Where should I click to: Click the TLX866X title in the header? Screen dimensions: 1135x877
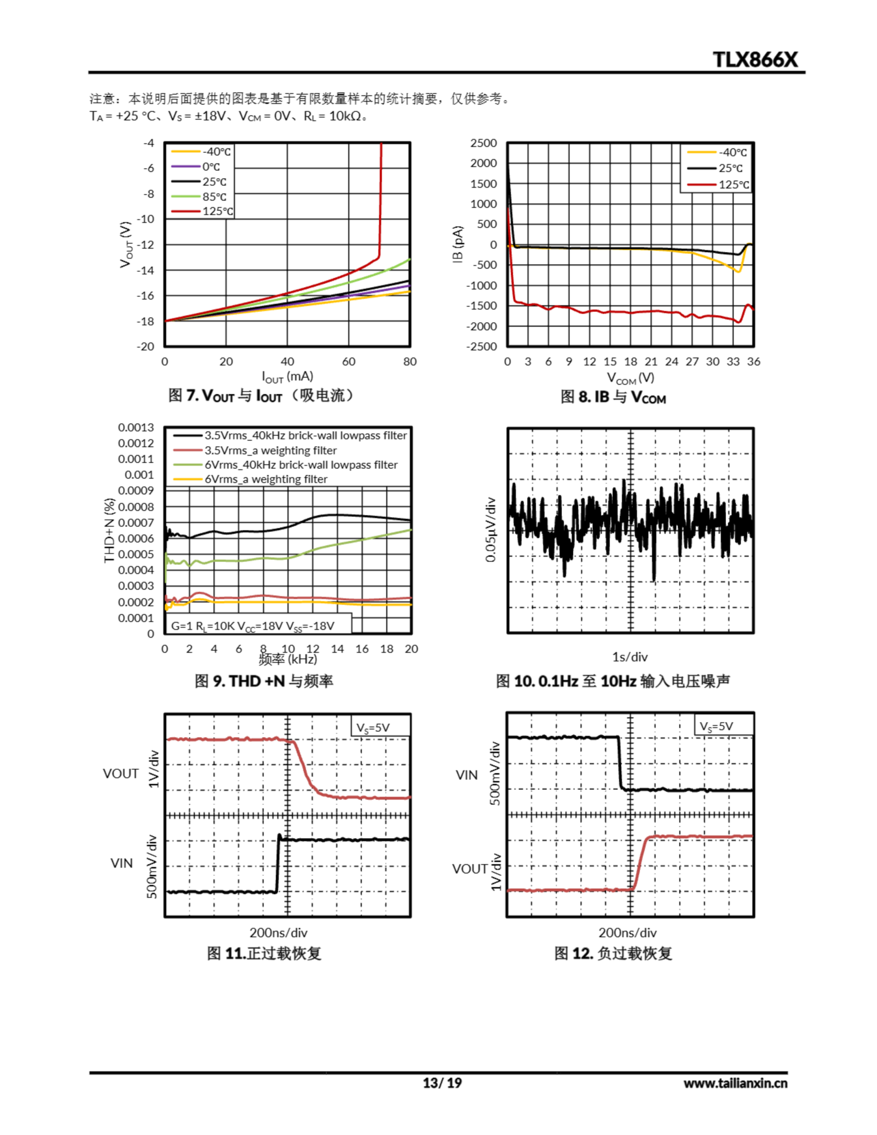point(754,59)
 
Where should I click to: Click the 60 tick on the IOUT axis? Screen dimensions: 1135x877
point(348,362)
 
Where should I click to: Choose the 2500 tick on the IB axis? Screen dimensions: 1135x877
point(483,143)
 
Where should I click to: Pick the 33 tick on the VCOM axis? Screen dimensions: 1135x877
point(733,362)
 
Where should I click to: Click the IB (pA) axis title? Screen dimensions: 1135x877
point(458,244)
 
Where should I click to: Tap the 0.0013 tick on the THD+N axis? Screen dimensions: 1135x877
point(136,427)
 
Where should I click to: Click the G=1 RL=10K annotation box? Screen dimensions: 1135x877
point(253,626)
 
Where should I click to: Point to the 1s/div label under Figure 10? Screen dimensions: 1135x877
point(630,657)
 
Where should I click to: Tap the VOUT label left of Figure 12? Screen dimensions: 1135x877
point(470,869)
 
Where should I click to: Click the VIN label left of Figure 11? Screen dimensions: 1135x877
point(121,863)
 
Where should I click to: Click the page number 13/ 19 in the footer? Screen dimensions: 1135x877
point(442,1083)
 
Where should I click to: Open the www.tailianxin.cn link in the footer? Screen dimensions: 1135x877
point(735,1083)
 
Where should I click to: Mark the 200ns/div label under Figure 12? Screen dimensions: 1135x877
point(627,933)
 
